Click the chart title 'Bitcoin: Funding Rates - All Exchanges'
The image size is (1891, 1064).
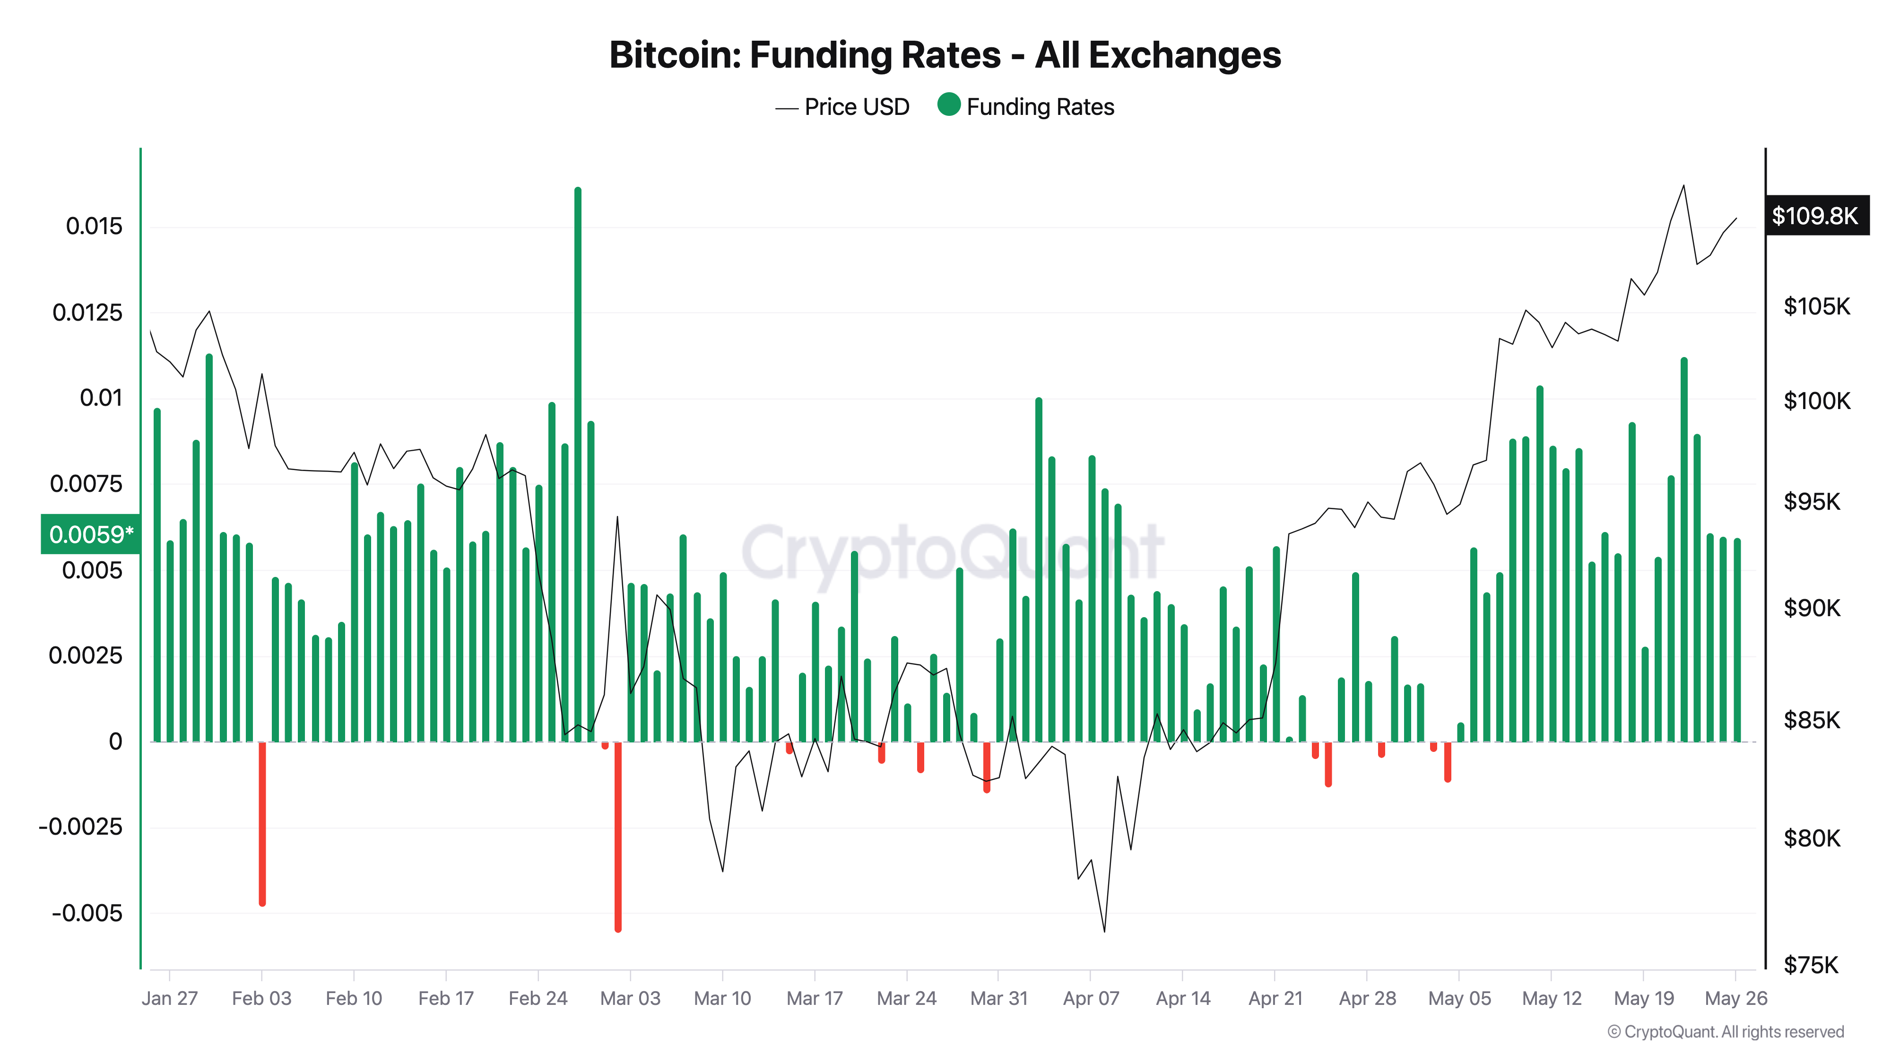945,55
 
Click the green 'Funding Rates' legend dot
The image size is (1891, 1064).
948,105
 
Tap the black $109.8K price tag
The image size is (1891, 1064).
1815,216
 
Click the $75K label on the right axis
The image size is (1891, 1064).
1811,965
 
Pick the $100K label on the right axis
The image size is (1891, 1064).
1817,401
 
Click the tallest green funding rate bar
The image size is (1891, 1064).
578,441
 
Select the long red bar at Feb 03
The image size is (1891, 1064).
262,822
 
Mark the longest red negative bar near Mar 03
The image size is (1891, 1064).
618,837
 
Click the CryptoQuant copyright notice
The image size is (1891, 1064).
1725,1032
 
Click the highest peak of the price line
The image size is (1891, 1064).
1683,186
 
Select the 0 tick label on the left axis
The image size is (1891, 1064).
115,741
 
